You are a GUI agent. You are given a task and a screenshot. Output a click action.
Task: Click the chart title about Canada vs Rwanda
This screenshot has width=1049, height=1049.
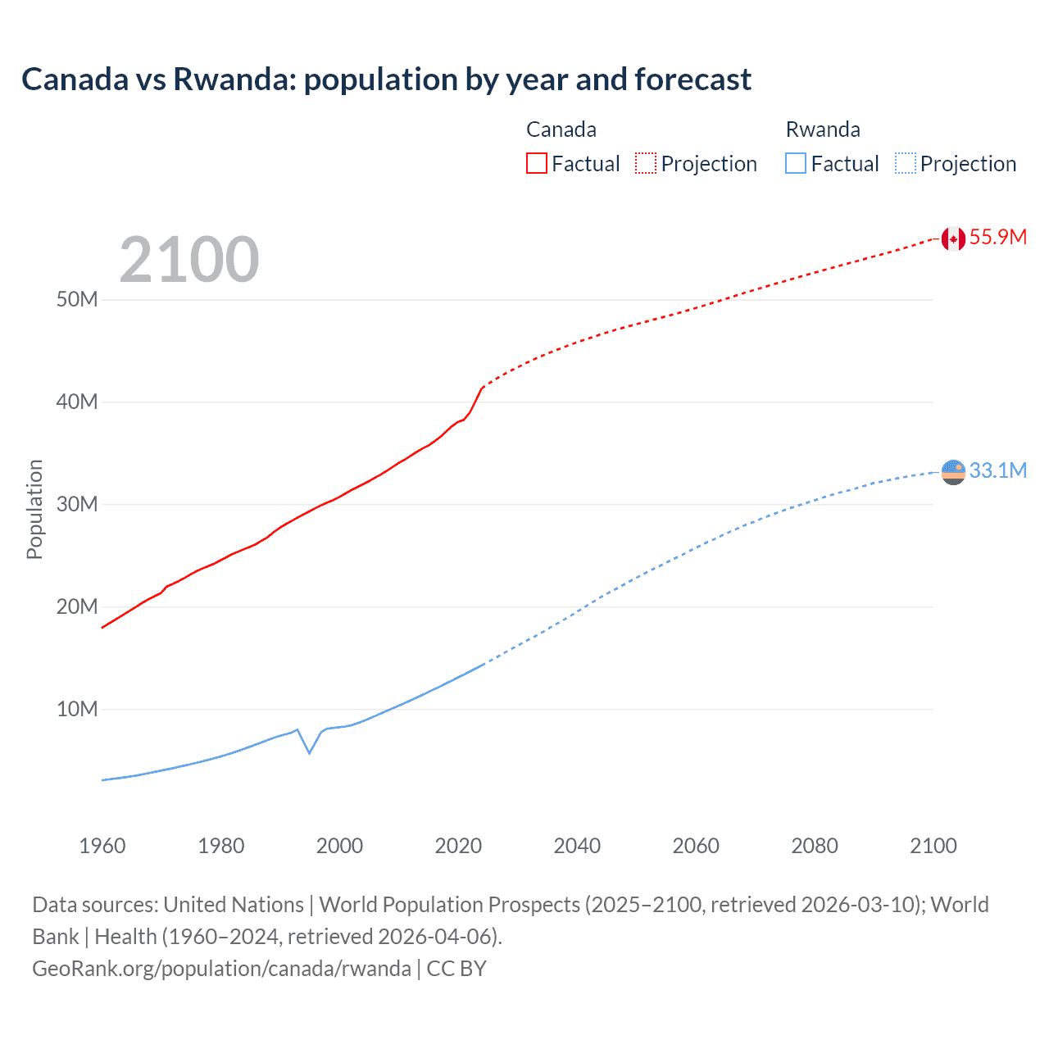pos(386,79)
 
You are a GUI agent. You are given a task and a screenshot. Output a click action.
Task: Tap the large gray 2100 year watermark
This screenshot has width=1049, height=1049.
pos(189,260)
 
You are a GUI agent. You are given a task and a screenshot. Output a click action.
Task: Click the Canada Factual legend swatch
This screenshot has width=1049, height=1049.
pos(536,163)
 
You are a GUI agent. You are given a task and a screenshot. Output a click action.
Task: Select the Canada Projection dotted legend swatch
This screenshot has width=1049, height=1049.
pos(646,163)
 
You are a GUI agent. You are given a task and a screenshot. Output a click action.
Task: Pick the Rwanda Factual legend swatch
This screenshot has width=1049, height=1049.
pos(796,163)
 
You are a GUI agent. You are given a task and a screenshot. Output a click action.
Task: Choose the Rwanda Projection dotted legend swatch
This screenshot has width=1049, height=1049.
pos(905,163)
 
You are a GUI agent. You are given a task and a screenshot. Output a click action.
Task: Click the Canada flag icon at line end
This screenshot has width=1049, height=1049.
pos(952,238)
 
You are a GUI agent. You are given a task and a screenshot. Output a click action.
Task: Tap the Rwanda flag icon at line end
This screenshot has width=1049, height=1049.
pos(952,472)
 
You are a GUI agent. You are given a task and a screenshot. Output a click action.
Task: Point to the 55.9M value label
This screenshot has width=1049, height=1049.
pos(997,237)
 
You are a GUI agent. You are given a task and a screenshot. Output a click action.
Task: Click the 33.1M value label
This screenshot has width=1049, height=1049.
pos(997,470)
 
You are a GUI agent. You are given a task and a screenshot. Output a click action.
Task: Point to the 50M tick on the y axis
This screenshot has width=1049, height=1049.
pos(77,299)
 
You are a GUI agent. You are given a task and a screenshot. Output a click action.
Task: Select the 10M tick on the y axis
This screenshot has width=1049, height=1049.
pos(77,709)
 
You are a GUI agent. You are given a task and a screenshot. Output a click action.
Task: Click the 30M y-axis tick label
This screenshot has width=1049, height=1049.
pos(77,504)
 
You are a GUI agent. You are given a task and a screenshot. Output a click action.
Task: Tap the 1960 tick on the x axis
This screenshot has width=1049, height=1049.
pos(102,846)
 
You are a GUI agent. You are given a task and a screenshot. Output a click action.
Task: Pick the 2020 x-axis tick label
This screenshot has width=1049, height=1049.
pos(458,846)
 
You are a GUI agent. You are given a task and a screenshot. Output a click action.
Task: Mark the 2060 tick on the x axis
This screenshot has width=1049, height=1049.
pos(696,846)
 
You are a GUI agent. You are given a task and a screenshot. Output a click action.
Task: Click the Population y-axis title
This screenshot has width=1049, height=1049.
pos(34,509)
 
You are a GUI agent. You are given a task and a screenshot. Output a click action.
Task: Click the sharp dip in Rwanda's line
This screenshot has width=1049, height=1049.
pos(309,752)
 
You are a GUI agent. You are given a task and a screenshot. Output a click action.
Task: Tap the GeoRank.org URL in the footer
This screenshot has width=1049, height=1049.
pos(221,969)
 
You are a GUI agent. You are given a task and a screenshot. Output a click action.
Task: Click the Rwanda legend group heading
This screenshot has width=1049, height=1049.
pos(823,129)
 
